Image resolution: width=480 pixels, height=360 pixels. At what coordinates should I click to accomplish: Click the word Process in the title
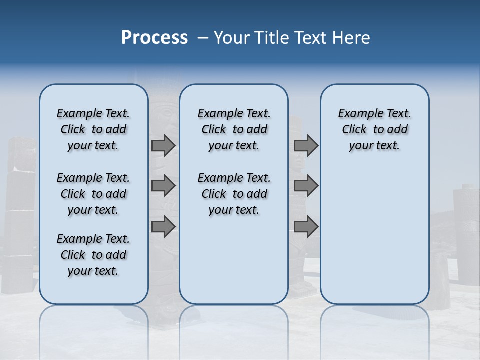click(154, 38)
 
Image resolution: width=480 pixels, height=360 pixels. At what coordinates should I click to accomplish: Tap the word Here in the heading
click(352, 38)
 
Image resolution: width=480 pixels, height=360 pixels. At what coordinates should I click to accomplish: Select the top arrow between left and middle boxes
click(163, 145)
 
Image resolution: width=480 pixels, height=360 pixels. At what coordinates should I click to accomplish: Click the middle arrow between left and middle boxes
click(163, 186)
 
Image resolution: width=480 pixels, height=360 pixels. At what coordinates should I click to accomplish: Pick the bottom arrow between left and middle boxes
click(163, 226)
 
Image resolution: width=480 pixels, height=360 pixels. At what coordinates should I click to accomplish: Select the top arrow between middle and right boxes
click(306, 145)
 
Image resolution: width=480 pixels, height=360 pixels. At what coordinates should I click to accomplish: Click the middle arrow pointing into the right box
click(306, 186)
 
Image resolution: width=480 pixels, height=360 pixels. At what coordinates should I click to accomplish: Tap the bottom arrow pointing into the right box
click(306, 226)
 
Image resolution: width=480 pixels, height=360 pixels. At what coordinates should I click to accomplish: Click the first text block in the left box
click(93, 129)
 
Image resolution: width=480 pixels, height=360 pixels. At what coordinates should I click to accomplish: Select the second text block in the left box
click(93, 194)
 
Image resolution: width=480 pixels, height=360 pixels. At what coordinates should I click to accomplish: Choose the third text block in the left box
click(93, 255)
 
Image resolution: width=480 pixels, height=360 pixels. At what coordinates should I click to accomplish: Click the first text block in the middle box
click(234, 129)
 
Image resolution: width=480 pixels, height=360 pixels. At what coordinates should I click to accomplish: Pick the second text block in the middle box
click(234, 194)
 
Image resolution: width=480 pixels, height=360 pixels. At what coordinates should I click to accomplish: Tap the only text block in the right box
click(374, 129)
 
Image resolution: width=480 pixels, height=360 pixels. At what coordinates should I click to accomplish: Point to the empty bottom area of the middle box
click(234, 265)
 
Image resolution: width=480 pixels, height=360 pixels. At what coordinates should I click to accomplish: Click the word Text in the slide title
click(310, 38)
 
